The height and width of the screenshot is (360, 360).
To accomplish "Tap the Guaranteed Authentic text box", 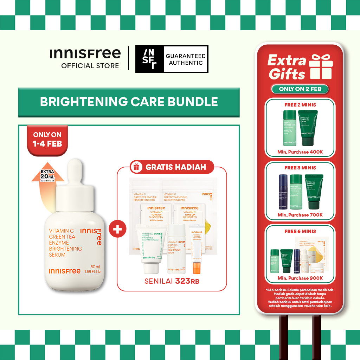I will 186,59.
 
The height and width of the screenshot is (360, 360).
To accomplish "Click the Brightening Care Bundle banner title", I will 129,102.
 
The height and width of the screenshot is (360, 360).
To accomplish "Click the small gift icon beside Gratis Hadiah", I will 136,167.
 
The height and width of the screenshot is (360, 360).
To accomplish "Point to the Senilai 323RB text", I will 172,281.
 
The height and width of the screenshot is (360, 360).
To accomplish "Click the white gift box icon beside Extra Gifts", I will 320,67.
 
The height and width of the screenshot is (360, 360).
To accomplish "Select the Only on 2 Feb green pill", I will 300,89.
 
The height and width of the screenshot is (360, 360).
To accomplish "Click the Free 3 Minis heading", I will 300,168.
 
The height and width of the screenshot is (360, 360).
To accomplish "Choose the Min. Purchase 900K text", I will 300,278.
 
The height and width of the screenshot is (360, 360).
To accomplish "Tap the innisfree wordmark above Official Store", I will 85,54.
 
